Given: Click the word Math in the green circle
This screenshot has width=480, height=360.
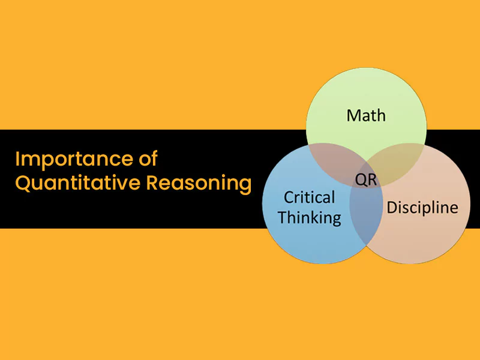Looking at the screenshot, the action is [366, 115].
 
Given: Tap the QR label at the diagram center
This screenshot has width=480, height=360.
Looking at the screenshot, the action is [366, 179].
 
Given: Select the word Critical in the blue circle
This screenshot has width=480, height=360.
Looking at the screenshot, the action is [309, 197].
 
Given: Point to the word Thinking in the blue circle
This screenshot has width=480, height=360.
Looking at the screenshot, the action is [310, 218].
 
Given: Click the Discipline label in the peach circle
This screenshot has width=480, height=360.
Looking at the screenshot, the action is [422, 207].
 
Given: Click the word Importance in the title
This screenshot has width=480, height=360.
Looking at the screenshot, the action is [74, 159].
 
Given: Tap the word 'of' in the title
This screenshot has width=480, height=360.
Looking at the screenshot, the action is [148, 158].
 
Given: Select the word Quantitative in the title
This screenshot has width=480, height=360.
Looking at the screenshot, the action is [78, 183].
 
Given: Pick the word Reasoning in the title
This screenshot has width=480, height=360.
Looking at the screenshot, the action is [199, 184].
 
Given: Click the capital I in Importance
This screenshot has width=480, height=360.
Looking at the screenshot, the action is [17, 159].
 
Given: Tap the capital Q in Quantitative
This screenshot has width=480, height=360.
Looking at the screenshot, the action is [23, 183].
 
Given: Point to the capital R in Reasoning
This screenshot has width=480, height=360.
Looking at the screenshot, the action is [152, 183].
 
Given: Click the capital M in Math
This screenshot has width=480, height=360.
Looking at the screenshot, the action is [353, 116].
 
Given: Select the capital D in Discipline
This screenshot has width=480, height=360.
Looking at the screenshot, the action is [392, 208].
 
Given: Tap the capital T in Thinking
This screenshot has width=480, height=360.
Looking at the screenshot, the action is [283, 218].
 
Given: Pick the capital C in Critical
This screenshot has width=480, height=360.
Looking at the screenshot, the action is [289, 198].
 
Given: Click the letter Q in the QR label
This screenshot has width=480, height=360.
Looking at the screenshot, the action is [361, 180].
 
